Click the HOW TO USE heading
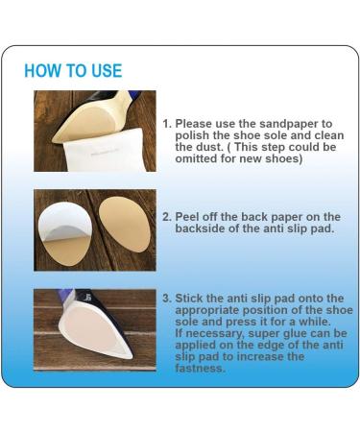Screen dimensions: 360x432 [73, 71]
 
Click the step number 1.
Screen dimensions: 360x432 [167, 124]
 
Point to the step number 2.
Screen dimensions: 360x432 [167, 217]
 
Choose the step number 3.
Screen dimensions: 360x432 [167, 299]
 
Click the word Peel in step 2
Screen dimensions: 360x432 [186, 217]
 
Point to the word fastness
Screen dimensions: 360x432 [201, 368]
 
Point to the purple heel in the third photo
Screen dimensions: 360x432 [65, 295]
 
